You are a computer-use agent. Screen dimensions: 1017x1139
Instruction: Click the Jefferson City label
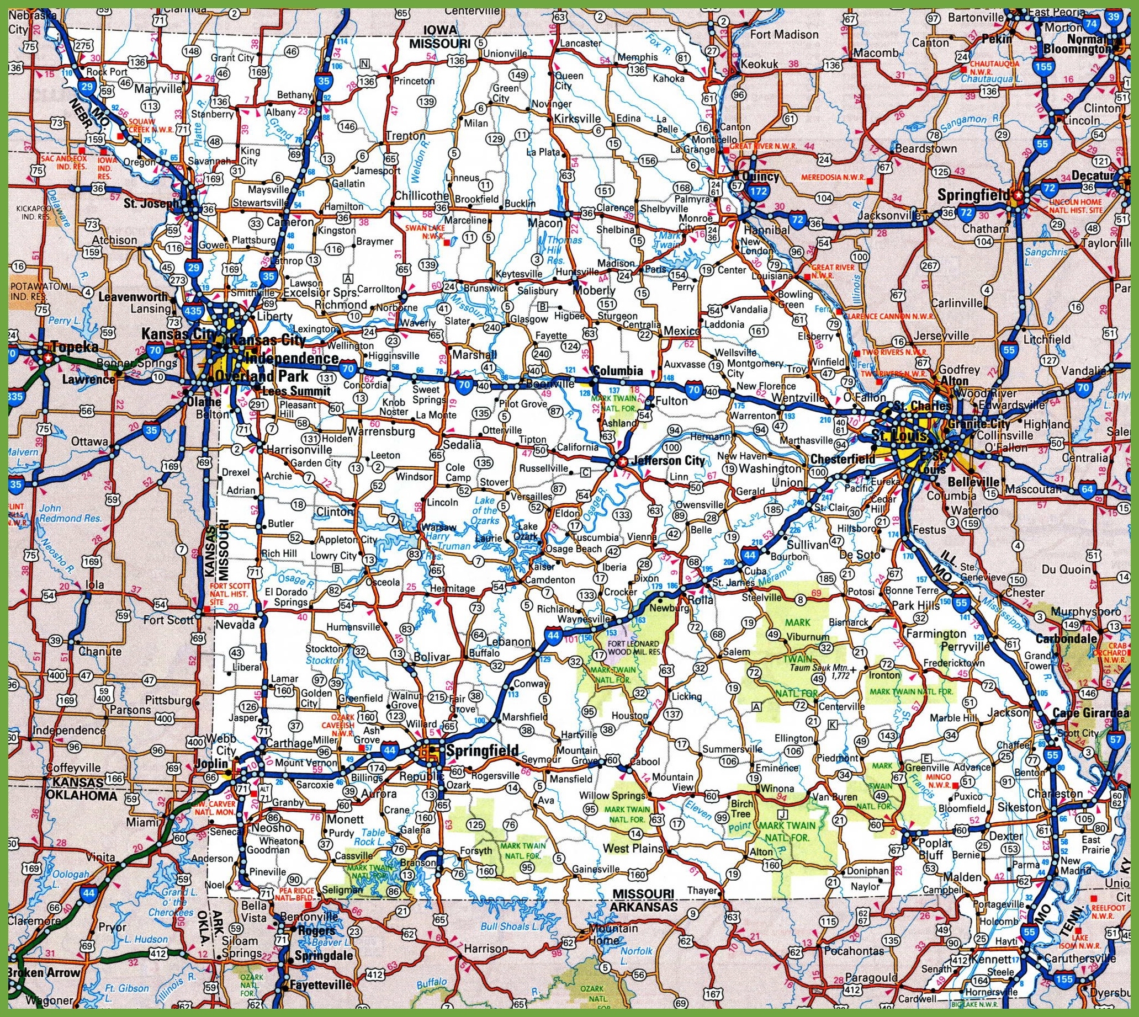click(666, 461)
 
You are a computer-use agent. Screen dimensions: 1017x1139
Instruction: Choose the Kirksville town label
click(577, 119)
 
